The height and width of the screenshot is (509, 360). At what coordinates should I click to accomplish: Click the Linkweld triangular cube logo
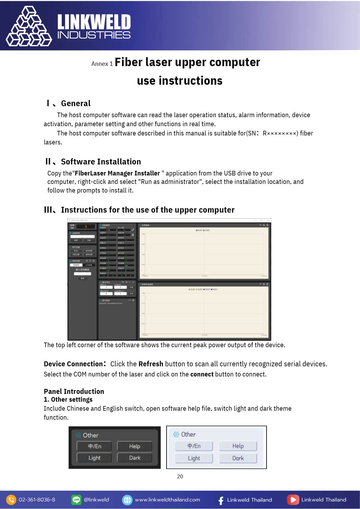point(29,27)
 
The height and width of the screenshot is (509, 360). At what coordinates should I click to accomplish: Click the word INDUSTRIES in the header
point(94,35)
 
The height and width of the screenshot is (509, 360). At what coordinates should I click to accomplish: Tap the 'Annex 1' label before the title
point(102,64)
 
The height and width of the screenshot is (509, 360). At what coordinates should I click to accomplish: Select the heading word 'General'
point(76,104)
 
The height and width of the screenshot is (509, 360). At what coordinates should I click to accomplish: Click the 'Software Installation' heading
point(101,162)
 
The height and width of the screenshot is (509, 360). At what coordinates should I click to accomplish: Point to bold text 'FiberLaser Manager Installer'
point(117,173)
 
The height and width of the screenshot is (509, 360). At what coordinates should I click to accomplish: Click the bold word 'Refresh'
point(151,364)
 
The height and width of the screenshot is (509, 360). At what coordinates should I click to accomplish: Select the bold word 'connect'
point(202,374)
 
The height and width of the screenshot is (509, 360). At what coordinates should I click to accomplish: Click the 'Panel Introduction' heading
point(74,392)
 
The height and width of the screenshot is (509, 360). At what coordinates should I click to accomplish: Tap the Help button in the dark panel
point(135,446)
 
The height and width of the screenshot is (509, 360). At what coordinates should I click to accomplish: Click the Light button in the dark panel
point(94,458)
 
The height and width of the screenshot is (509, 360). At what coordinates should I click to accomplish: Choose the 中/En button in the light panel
point(194,446)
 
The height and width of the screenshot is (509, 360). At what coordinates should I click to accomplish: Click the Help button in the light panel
point(238,446)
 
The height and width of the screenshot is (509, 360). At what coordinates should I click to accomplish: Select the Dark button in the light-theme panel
point(238,458)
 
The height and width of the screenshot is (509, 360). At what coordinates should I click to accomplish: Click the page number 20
point(180,477)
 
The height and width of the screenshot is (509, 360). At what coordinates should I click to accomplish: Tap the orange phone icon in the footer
point(11,500)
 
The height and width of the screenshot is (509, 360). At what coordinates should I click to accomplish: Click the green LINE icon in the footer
point(76,500)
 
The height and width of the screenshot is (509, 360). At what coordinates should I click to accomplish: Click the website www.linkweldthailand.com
point(167,500)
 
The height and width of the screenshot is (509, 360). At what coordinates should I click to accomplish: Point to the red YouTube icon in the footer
point(293,500)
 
